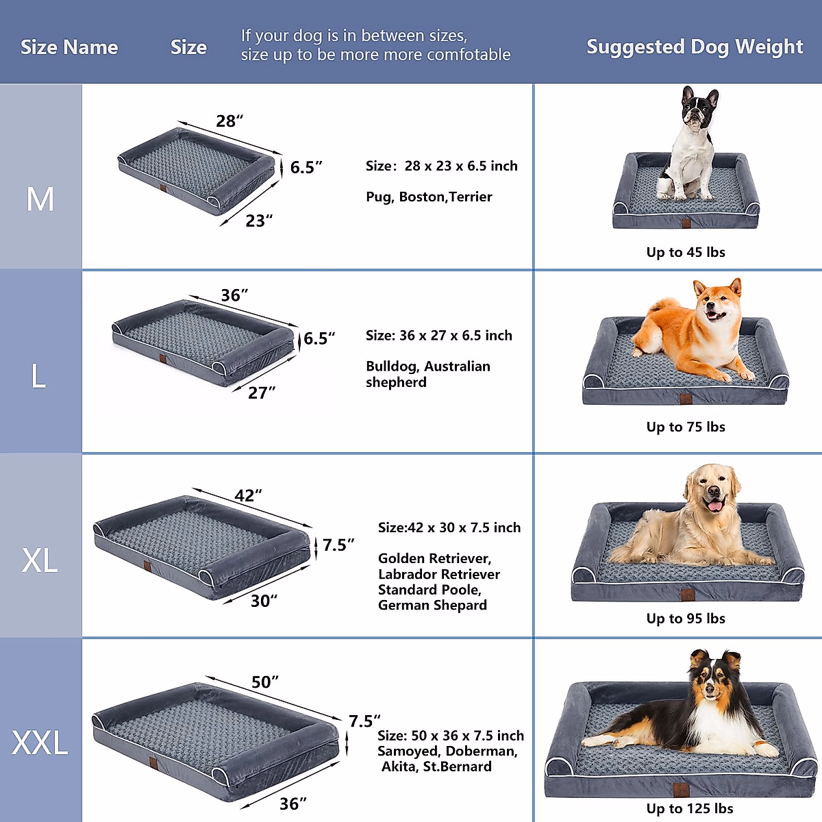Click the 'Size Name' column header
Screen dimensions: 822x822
click(x=69, y=47)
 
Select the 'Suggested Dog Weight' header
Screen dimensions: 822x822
click(x=695, y=47)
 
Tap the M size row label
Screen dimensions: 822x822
click(x=40, y=199)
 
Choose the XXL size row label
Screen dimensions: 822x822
click(x=40, y=743)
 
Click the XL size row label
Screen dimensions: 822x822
click(x=40, y=560)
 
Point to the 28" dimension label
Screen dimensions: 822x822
click(x=229, y=121)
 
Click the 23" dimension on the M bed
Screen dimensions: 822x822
click(x=259, y=221)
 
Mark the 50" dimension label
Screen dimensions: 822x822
click(x=265, y=682)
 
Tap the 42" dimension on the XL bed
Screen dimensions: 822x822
click(x=248, y=495)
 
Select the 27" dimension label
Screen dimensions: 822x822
click(x=262, y=393)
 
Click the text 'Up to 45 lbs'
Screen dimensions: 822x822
click(x=686, y=252)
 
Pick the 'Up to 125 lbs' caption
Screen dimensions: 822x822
click(x=690, y=808)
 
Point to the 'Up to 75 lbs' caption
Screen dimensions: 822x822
click(x=686, y=427)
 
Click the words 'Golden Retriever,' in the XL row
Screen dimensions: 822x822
click(x=434, y=558)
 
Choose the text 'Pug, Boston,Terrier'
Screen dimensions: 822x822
click(x=429, y=197)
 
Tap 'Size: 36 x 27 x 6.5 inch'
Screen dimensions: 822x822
click(x=439, y=336)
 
